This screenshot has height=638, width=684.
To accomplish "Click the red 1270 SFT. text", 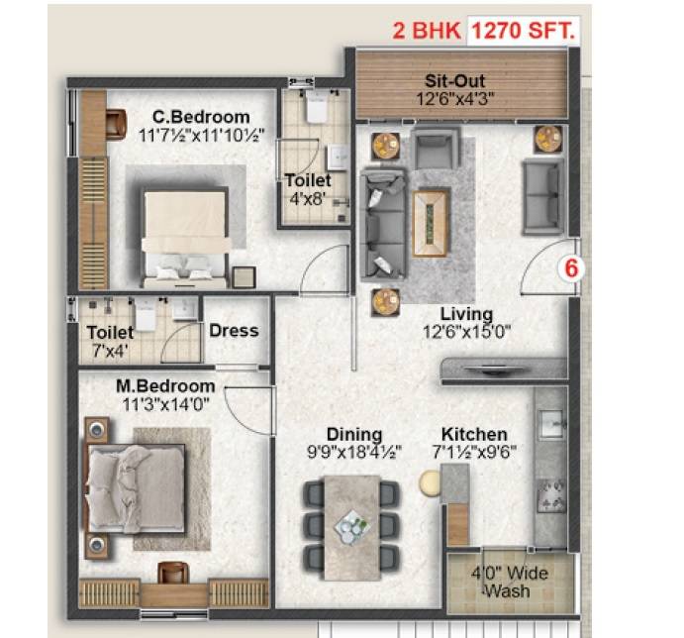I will pos(523,31).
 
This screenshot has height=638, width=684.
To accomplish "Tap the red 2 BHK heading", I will pos(428,31).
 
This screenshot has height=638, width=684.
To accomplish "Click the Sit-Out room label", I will pos(454,81).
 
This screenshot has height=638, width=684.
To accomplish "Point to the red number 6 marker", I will pos(570,267).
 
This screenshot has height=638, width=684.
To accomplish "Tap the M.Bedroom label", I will pos(165,385).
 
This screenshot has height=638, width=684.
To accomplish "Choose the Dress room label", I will pos(234,331).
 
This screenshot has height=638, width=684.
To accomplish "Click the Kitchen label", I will pos(474,434).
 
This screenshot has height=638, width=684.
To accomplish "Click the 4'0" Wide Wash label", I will pos(509,583).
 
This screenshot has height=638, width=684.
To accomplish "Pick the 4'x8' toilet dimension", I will pos(302,199).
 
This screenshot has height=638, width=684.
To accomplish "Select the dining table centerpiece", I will pos(352,522).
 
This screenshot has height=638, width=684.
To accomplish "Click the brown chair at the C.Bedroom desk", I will pos(114,124).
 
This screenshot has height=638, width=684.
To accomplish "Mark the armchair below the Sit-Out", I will pos(432,152).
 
